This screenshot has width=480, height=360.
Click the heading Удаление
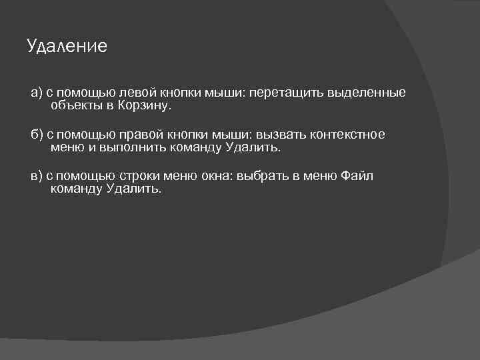[67, 46]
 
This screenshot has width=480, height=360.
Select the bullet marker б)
[37, 135]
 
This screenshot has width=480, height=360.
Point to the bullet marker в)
[37, 177]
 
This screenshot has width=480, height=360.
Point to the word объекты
[73, 105]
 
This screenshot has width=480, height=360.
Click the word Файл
[357, 177]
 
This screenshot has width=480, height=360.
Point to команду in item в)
[75, 189]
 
